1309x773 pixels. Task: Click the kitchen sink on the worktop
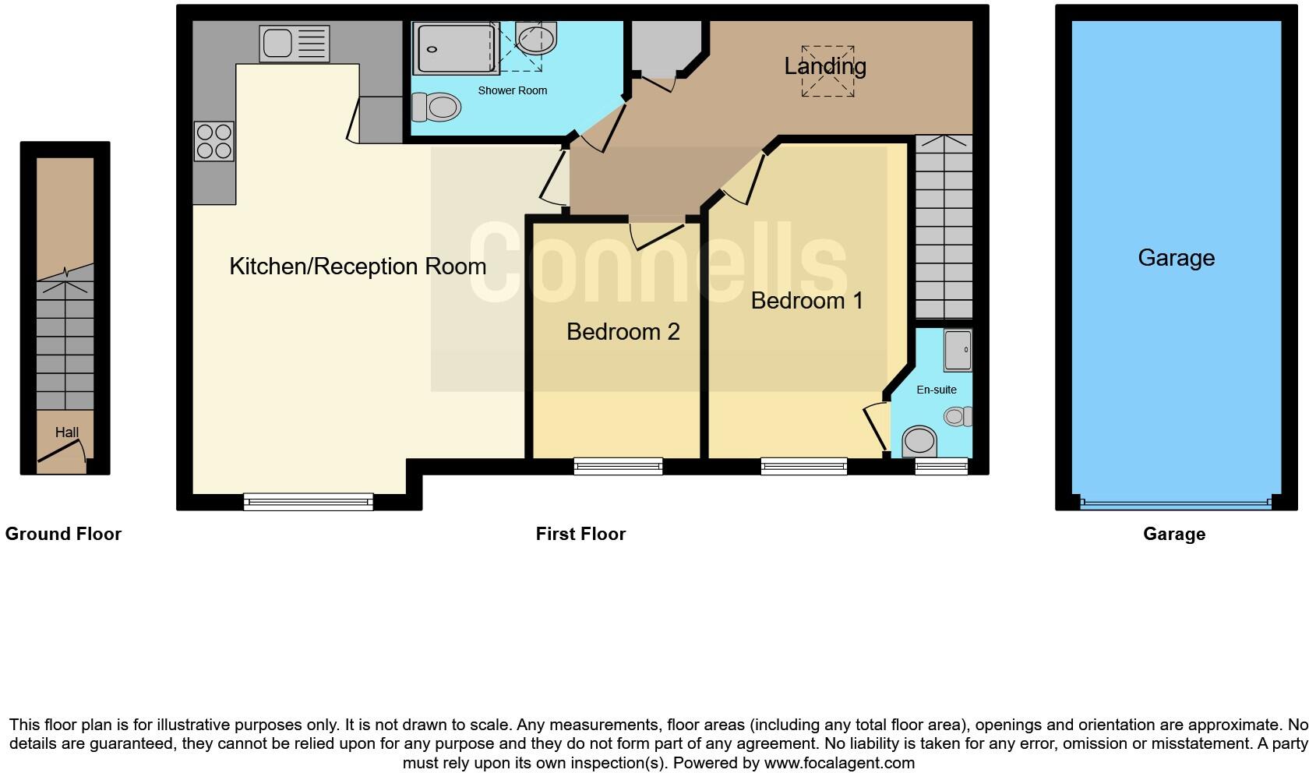coord(294,44)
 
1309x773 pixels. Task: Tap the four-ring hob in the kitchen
coord(214,141)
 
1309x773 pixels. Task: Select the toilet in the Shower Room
coord(436,107)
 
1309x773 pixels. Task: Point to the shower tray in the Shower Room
coord(455,48)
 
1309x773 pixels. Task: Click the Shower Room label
coord(512,90)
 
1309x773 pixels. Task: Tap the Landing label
coord(824,66)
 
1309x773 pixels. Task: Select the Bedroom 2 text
coord(623,332)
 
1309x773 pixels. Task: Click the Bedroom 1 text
coord(806,301)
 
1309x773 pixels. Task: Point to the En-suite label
coord(936,390)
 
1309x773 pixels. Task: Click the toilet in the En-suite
coord(919,441)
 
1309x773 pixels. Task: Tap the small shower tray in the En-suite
coord(958,350)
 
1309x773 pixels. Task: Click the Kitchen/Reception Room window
coord(309,502)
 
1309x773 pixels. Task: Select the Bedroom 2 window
coord(618,466)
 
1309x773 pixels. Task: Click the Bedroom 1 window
coord(804,466)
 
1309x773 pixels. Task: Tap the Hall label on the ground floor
coord(67,432)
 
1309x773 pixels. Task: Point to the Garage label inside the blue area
coord(1176,258)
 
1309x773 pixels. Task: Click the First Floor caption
coord(580,534)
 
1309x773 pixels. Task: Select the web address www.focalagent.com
coord(839,763)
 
